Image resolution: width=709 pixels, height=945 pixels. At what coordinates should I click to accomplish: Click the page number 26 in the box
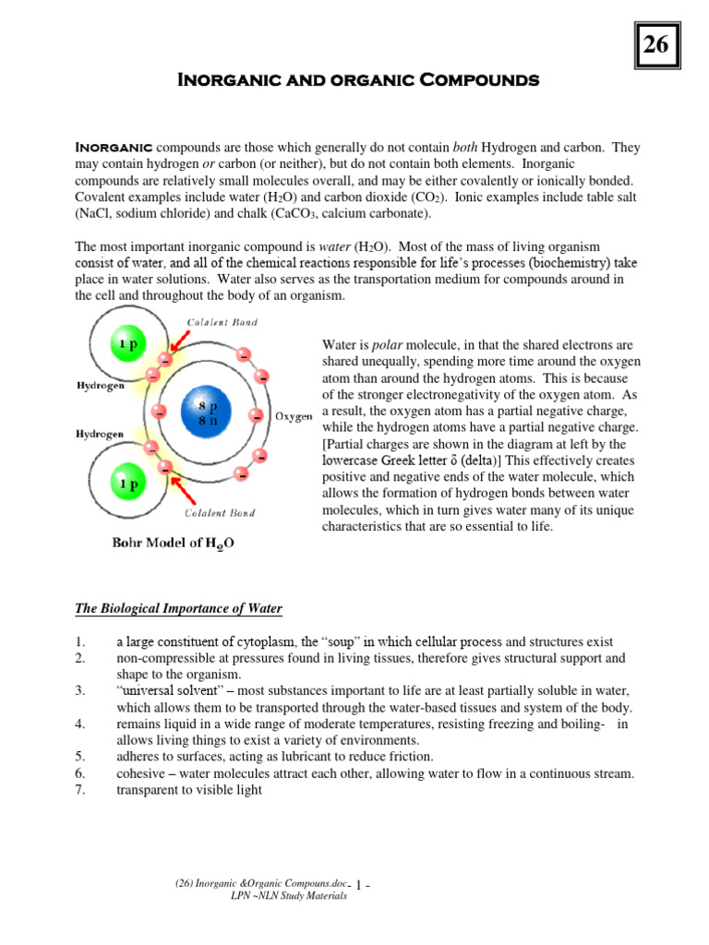click(x=658, y=44)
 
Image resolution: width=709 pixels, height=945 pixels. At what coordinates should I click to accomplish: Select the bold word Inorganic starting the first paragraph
click(x=114, y=149)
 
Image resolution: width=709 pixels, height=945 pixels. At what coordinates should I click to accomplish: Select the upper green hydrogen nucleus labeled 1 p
click(x=127, y=344)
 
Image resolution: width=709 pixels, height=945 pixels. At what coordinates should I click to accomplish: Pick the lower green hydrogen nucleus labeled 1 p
click(x=127, y=481)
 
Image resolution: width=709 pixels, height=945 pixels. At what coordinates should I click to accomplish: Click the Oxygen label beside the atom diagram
click(x=294, y=416)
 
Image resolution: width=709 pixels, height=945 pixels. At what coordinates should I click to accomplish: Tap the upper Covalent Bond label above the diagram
click(x=222, y=322)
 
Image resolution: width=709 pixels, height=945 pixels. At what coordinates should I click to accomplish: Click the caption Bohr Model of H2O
click(x=174, y=544)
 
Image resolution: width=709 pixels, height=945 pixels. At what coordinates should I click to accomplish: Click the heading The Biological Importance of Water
click(x=178, y=608)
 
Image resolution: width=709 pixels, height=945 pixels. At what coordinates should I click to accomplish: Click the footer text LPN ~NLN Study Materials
click(x=288, y=896)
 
